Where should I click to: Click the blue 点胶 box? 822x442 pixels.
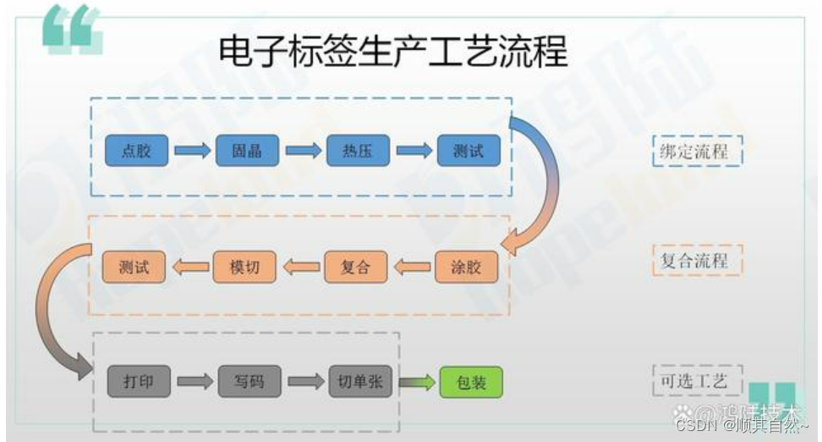tap(136, 152)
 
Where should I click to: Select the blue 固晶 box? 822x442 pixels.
tap(247, 152)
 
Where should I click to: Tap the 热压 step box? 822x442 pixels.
tap(358, 152)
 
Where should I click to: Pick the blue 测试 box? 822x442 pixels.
tap(469, 152)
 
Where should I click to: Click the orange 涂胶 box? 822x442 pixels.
tap(466, 267)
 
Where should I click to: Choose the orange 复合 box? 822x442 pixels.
tap(355, 267)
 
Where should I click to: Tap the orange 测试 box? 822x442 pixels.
tap(134, 267)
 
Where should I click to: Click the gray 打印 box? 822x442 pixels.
tap(139, 381)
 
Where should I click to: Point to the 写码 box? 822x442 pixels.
tap(249, 381)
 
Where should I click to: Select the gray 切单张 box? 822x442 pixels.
tap(360, 381)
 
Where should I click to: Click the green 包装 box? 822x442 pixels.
tap(470, 381)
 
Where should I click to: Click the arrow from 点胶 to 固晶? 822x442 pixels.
tap(192, 152)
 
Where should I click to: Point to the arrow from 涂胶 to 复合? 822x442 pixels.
tap(411, 268)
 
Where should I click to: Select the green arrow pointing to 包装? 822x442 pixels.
tap(417, 381)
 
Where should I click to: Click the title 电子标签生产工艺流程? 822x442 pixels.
tap(392, 51)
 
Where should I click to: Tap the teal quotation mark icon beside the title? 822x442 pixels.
tap(71, 29)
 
